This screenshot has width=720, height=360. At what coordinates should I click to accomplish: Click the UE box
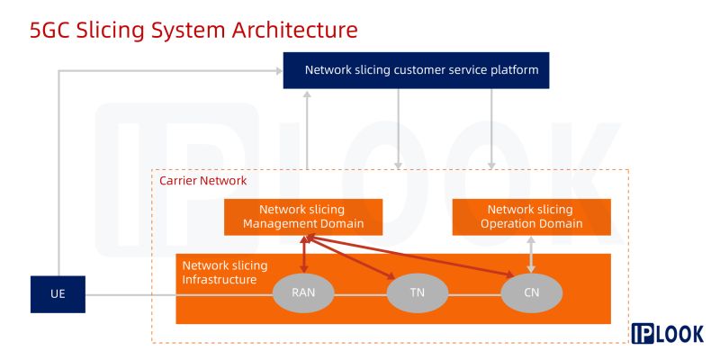coord(58,294)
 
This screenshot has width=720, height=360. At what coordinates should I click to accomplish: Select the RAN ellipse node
coord(303,293)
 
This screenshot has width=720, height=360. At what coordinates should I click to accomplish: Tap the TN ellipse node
coord(418,293)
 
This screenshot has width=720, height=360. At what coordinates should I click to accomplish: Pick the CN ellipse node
coord(531,293)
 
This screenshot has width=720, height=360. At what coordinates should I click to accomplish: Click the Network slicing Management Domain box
coord(303,217)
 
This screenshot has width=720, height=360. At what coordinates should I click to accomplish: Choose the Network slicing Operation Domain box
coord(531,217)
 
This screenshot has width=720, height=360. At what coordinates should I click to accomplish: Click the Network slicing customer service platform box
coord(416,70)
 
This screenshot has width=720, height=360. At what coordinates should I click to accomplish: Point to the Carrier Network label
coord(203,181)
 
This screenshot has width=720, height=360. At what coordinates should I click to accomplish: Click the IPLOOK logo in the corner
coord(667,333)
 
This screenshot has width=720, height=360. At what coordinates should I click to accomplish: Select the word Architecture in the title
coord(294,31)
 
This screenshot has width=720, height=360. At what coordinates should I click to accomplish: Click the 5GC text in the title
coord(49,31)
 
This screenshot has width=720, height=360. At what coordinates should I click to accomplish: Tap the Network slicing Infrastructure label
coord(225,273)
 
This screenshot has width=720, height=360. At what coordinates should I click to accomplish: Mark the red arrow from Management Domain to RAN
coord(303,255)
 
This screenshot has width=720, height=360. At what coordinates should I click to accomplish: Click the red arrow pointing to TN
coord(352,257)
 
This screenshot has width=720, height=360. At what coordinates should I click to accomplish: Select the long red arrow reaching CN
coord(411,256)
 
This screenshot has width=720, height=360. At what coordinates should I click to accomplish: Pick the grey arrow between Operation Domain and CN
coord(531,255)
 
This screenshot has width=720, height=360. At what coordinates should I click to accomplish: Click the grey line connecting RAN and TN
coord(361,295)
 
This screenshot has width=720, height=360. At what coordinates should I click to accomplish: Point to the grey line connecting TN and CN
coord(474,295)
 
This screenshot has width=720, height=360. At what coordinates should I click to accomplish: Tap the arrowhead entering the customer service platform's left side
coord(279,71)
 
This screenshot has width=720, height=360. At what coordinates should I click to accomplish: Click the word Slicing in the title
coord(110,31)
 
